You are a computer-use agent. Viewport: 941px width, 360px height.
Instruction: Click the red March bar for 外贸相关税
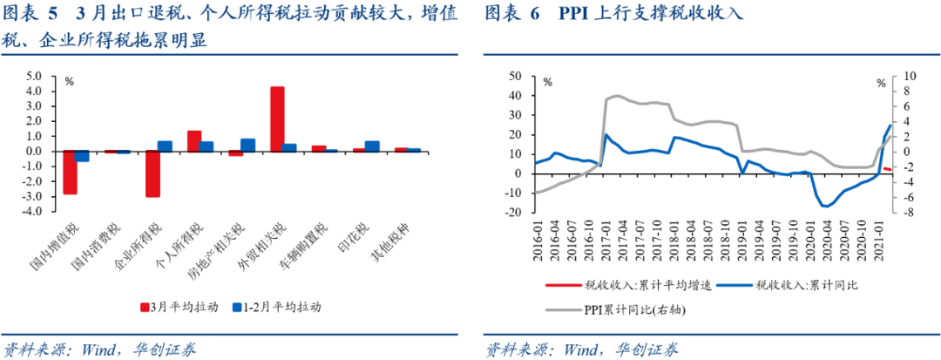(x=277, y=119)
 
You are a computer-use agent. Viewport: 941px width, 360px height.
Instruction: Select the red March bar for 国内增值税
(x=70, y=172)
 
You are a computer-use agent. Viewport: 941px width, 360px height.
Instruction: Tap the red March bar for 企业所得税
(x=152, y=173)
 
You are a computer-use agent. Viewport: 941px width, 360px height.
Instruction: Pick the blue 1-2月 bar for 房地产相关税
(x=247, y=145)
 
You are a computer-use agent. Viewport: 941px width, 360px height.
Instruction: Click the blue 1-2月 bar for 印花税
(x=372, y=146)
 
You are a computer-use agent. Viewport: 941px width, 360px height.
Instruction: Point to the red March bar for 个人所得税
(x=194, y=140)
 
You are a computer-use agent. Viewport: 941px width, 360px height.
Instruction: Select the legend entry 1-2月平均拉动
(x=276, y=307)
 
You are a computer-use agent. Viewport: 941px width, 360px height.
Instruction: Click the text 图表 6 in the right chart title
(x=514, y=15)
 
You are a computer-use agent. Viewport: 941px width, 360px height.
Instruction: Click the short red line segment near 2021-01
(x=887, y=169)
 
